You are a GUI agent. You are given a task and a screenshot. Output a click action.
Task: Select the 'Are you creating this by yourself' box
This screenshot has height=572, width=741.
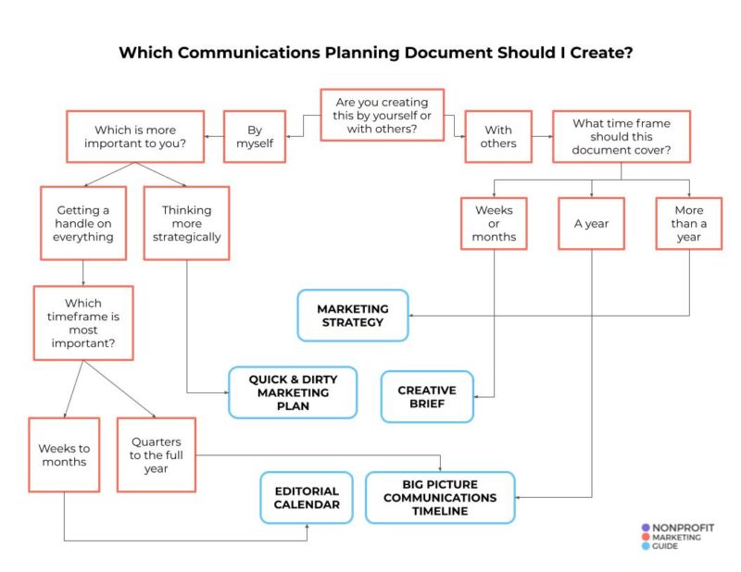coord(382,115)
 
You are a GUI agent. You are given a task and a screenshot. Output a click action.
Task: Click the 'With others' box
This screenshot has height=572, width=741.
coord(497,137)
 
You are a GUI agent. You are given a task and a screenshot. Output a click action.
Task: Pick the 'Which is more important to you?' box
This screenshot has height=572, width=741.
coord(135,137)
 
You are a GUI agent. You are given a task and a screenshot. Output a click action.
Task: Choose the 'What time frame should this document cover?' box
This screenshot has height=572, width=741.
coord(621,137)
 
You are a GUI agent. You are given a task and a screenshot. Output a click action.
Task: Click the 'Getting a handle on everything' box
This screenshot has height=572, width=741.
coord(84,223)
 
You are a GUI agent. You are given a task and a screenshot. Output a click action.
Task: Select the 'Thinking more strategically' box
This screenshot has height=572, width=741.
coord(186,223)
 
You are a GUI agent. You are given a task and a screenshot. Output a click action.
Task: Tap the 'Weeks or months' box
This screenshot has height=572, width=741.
coord(494,223)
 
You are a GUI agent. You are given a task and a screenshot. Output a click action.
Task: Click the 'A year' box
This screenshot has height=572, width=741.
coord(591,223)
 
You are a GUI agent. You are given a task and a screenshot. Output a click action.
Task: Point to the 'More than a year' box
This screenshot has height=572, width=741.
coord(688,223)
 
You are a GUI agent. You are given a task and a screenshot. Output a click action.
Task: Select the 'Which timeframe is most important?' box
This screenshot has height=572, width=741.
coord(83,322)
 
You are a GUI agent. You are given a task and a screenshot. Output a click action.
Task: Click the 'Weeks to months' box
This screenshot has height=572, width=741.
coord(63,454)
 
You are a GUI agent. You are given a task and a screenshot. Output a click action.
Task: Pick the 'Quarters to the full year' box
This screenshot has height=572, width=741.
coord(156,454)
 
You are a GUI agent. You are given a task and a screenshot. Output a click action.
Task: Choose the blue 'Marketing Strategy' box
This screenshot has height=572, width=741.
coord(352,316)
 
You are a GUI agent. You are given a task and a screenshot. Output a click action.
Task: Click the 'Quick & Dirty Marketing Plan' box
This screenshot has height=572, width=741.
coord(293,392)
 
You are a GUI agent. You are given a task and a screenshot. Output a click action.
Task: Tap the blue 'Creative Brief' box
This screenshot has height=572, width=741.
coord(427,397)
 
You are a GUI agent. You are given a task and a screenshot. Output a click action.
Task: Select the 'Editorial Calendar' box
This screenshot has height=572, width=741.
coord(306,498)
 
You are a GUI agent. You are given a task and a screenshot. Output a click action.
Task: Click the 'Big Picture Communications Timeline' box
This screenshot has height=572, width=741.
coord(440,497)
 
